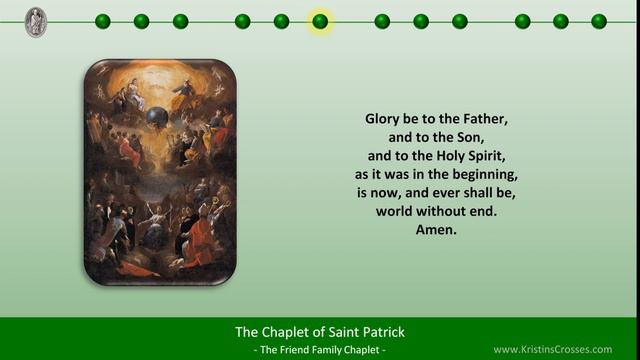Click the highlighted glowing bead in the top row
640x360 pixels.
[x=320, y=21]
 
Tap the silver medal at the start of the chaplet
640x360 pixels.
[x=36, y=21]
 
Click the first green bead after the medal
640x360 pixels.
[x=103, y=21]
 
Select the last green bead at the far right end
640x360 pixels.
[x=599, y=21]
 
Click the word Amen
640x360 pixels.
[x=436, y=230]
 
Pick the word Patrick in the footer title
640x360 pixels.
[x=381, y=332]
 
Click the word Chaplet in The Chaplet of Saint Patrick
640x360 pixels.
[x=287, y=332]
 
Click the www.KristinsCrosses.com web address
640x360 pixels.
[x=566, y=349]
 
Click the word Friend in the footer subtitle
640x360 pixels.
[x=289, y=350]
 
